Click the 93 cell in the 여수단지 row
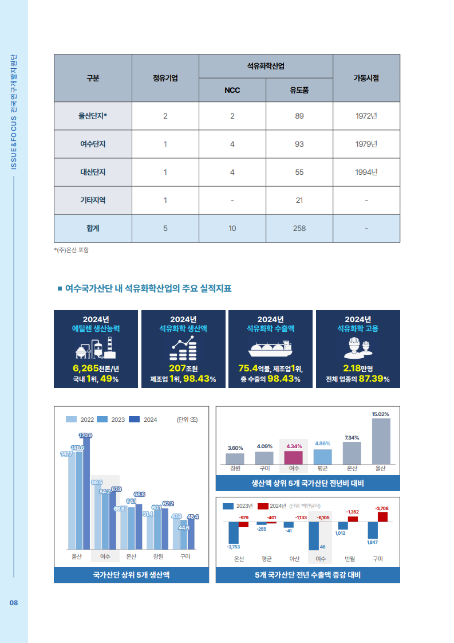click(x=299, y=144)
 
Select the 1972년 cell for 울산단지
click(x=366, y=116)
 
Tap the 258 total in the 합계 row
click(x=299, y=228)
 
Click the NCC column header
click(x=232, y=90)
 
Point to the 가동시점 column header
click(x=366, y=78)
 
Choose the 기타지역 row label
click(x=93, y=200)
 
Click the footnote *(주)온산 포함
click(x=72, y=250)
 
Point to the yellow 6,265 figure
click(x=86, y=368)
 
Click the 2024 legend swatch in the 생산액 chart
click(x=135, y=419)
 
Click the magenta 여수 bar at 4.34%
click(x=294, y=457)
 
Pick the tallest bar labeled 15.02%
click(x=381, y=441)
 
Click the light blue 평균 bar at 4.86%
click(x=322, y=456)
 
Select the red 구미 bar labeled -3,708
click(x=382, y=517)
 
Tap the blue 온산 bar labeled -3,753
click(x=233, y=533)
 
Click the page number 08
click(x=14, y=603)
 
